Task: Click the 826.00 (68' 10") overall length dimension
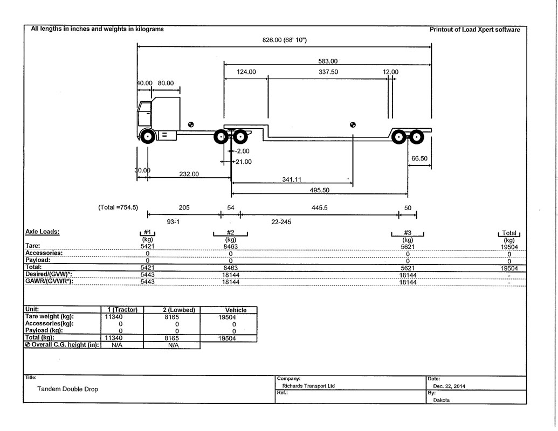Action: tap(284, 40)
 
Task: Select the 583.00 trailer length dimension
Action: tap(328, 61)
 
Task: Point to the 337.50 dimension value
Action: tap(328, 72)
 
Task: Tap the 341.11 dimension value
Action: tap(292, 179)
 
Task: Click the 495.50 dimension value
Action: tap(319, 190)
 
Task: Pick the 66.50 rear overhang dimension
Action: tap(419, 158)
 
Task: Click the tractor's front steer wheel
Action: tap(147, 136)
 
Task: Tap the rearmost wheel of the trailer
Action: tap(416, 137)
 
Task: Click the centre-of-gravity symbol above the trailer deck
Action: tap(353, 124)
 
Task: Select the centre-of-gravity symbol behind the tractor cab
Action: tap(191, 124)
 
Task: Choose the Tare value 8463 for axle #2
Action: tap(231, 246)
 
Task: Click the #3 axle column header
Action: tap(408, 233)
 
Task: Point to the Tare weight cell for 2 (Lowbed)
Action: tap(171, 317)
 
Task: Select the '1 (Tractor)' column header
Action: tap(122, 310)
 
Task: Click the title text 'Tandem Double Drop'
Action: tap(67, 389)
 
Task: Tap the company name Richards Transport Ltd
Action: tap(308, 386)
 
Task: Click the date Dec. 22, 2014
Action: tap(449, 386)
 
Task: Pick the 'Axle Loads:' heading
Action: tap(43, 232)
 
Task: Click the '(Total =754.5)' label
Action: tap(118, 207)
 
